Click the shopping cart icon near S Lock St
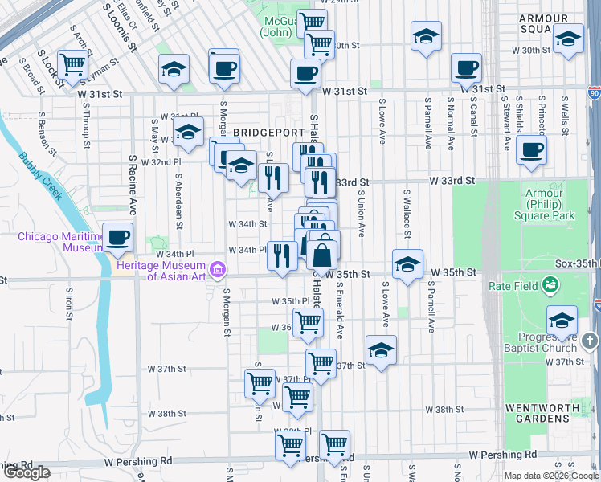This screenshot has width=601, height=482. [73, 63]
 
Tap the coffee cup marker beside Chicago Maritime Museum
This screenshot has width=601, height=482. [118, 238]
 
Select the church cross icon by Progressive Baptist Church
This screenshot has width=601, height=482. [590, 341]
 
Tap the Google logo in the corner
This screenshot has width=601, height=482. [27, 472]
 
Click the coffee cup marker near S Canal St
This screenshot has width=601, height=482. [465, 69]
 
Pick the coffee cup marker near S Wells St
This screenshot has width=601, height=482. [531, 149]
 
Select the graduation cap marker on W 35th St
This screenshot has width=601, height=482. [407, 264]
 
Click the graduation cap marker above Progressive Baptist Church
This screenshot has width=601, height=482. [562, 319]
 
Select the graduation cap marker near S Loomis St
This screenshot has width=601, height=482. [173, 71]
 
